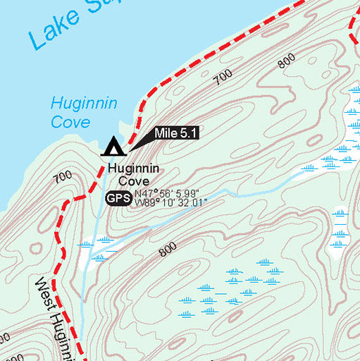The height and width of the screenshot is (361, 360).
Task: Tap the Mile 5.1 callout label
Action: click(175, 133)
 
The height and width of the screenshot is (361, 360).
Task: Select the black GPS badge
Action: click(118, 199)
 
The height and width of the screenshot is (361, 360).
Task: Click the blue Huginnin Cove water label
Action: click(73, 112)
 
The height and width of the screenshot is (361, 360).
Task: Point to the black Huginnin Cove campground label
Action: click(133, 176)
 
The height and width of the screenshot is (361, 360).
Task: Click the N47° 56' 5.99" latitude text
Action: click(168, 194)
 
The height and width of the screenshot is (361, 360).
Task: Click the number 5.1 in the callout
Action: click(188, 133)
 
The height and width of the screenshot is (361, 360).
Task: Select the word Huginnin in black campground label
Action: click(133, 169)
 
